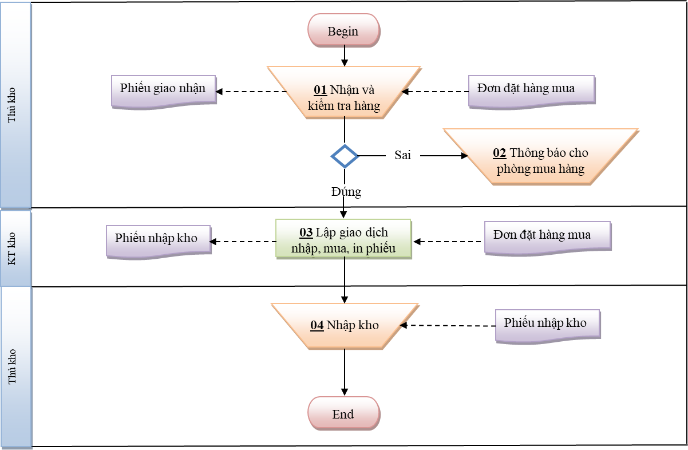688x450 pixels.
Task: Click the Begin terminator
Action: click(343, 30)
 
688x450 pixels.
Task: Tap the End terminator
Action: click(343, 413)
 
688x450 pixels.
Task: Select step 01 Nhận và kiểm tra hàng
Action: click(344, 92)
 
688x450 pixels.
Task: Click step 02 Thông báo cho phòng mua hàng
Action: click(541, 157)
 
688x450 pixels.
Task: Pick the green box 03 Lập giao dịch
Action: click(343, 239)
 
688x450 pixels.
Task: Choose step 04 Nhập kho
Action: click(345, 326)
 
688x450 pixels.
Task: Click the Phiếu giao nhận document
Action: click(164, 92)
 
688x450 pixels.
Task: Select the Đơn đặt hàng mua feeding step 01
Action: click(532, 92)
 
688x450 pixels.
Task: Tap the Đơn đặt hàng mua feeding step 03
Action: click(548, 238)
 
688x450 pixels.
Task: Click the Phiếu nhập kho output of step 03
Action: click(159, 242)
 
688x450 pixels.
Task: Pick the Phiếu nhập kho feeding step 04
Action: click(548, 326)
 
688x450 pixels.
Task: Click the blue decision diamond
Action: click(345, 156)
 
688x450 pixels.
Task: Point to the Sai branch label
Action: click(402, 155)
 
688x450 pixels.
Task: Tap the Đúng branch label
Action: click(346, 192)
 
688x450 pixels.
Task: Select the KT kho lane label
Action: click(11, 248)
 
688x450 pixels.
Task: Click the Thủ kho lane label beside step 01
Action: click(11, 105)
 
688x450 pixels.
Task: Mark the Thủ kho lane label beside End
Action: click(11, 366)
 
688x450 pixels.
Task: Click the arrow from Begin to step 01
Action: click(345, 56)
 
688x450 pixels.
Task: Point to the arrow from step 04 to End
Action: click(345, 372)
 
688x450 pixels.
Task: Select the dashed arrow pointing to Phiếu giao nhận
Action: click(251, 92)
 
